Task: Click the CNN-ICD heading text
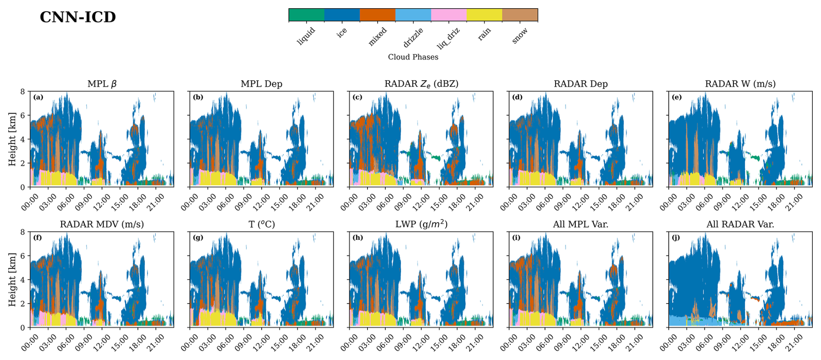coord(78,17)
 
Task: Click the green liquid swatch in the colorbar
coord(306,15)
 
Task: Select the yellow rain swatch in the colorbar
coord(484,15)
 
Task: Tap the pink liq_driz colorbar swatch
coord(449,15)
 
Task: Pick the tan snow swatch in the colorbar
coord(520,15)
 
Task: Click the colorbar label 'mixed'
coord(378,36)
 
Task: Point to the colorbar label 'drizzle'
coord(413,37)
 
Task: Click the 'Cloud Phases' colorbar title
coord(413,57)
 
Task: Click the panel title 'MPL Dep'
coord(261,84)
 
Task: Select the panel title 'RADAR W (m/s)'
coord(740,84)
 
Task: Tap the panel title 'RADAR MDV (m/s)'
coord(102,224)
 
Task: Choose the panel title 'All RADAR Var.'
coord(740,224)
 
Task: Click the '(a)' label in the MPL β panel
coord(38,97)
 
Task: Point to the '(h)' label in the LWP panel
coord(358,238)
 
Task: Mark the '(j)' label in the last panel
coord(676,238)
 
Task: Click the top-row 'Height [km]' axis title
coord(12,139)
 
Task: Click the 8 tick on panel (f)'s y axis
coord(23,232)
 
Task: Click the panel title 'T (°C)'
coord(261,224)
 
